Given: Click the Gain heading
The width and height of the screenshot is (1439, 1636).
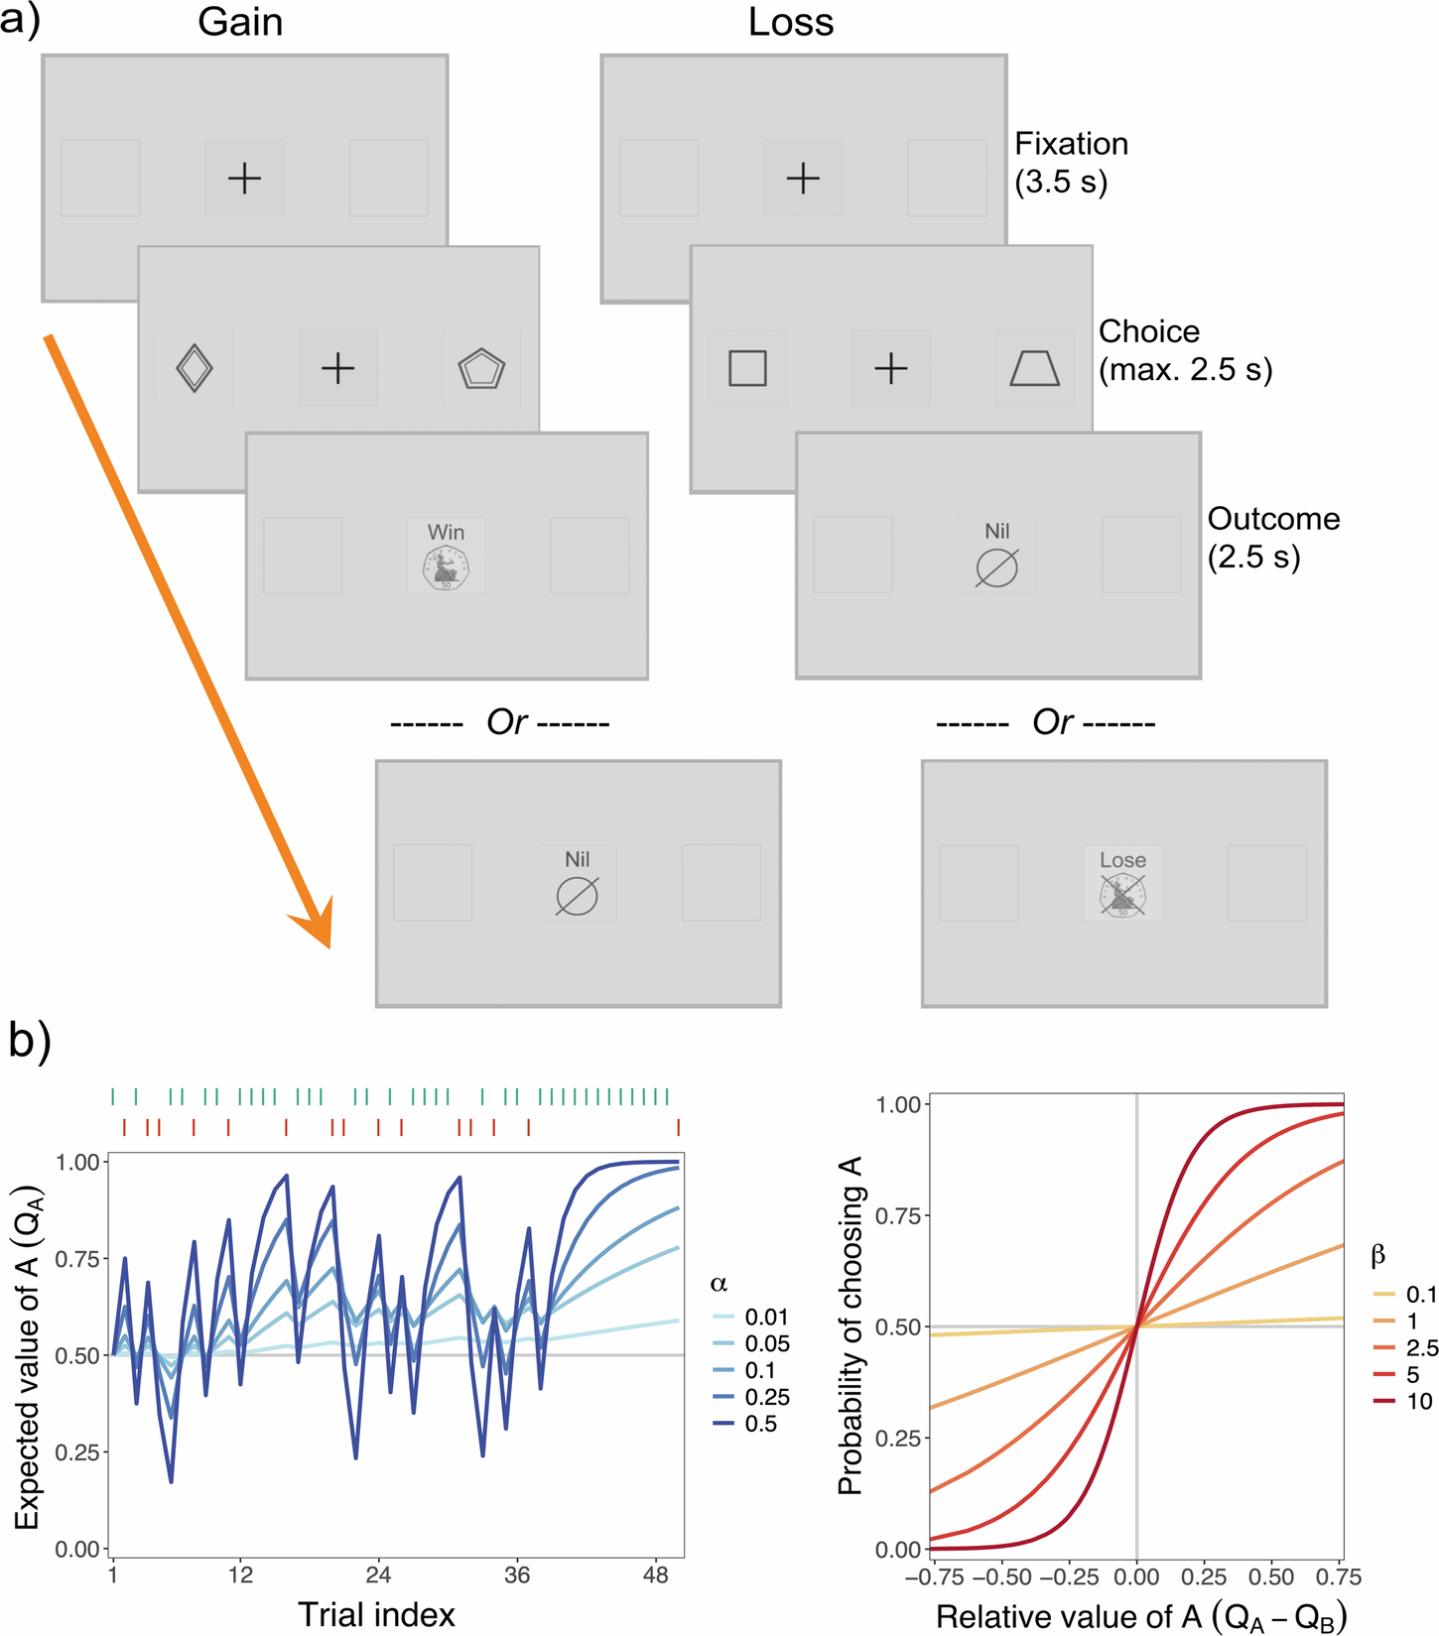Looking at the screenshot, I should pyautogui.click(x=240, y=22).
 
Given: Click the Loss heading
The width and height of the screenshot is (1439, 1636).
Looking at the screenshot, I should pyautogui.click(x=790, y=22).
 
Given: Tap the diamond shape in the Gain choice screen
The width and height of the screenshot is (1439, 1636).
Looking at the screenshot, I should pyautogui.click(x=194, y=368).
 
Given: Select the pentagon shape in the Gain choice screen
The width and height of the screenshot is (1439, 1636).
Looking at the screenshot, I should pyautogui.click(x=481, y=369).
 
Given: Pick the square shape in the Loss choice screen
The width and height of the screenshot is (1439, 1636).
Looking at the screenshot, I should pyautogui.click(x=747, y=368).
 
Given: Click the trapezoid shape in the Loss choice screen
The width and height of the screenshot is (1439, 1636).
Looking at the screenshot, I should pyautogui.click(x=1034, y=368).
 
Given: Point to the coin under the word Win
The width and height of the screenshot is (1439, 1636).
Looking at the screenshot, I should pyautogui.click(x=446, y=568).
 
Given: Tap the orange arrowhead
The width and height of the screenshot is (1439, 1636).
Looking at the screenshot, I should pyautogui.click(x=316, y=923).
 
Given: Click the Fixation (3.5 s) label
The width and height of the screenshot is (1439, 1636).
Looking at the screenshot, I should pyautogui.click(x=1070, y=163).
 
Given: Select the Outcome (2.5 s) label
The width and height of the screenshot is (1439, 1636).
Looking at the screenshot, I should pyautogui.click(x=1272, y=537).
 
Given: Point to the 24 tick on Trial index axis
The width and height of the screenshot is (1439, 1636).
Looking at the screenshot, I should pyautogui.click(x=378, y=1574).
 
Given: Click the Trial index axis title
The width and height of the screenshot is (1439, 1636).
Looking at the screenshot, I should pyautogui.click(x=376, y=1614).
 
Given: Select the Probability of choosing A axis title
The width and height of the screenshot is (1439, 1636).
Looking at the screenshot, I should pyautogui.click(x=850, y=1325).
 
